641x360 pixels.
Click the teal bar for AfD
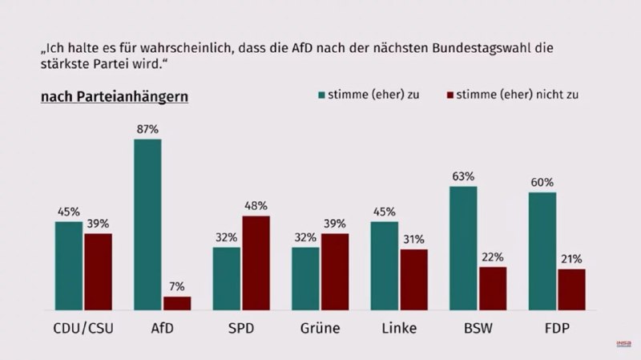(x=147, y=224)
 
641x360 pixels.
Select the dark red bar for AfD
(x=177, y=303)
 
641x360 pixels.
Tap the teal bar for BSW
(x=463, y=248)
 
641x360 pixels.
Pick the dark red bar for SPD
(x=256, y=263)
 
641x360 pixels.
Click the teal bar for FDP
(x=542, y=251)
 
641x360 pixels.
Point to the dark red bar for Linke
(x=414, y=280)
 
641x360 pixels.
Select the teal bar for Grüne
(x=305, y=278)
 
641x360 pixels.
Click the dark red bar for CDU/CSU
(x=99, y=272)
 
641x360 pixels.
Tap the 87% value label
(x=147, y=128)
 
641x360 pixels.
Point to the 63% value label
(x=463, y=176)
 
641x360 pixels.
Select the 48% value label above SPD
(x=256, y=206)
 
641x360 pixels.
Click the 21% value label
(x=571, y=259)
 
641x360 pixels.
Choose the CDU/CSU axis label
(x=83, y=329)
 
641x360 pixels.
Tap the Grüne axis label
(x=320, y=329)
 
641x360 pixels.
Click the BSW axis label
(x=478, y=329)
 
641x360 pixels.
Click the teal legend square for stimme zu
(x=320, y=95)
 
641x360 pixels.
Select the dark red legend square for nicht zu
(x=450, y=95)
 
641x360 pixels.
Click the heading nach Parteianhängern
(x=115, y=97)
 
